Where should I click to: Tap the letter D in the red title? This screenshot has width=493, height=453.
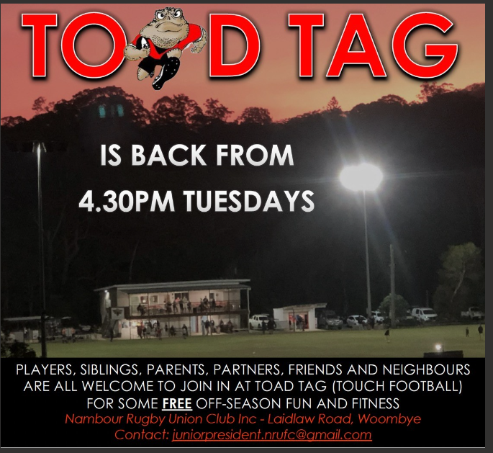(x=235, y=45)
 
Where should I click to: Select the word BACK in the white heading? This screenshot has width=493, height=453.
(x=168, y=155)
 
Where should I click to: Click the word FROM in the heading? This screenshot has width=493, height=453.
(x=255, y=155)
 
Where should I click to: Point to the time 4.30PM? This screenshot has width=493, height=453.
(x=127, y=201)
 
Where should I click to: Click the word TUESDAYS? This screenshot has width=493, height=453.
(x=249, y=201)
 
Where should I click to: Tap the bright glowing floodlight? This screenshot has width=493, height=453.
(x=361, y=176)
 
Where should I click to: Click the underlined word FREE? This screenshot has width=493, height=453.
(x=177, y=403)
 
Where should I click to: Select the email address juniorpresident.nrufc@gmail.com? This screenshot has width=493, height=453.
(x=272, y=435)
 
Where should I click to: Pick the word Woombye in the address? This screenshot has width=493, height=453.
(x=389, y=419)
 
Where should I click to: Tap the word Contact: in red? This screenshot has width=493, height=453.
(x=142, y=435)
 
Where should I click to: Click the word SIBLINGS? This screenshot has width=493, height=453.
(x=109, y=370)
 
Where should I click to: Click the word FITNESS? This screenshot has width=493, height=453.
(x=376, y=403)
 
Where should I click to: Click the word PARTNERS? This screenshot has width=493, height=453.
(x=246, y=370)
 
